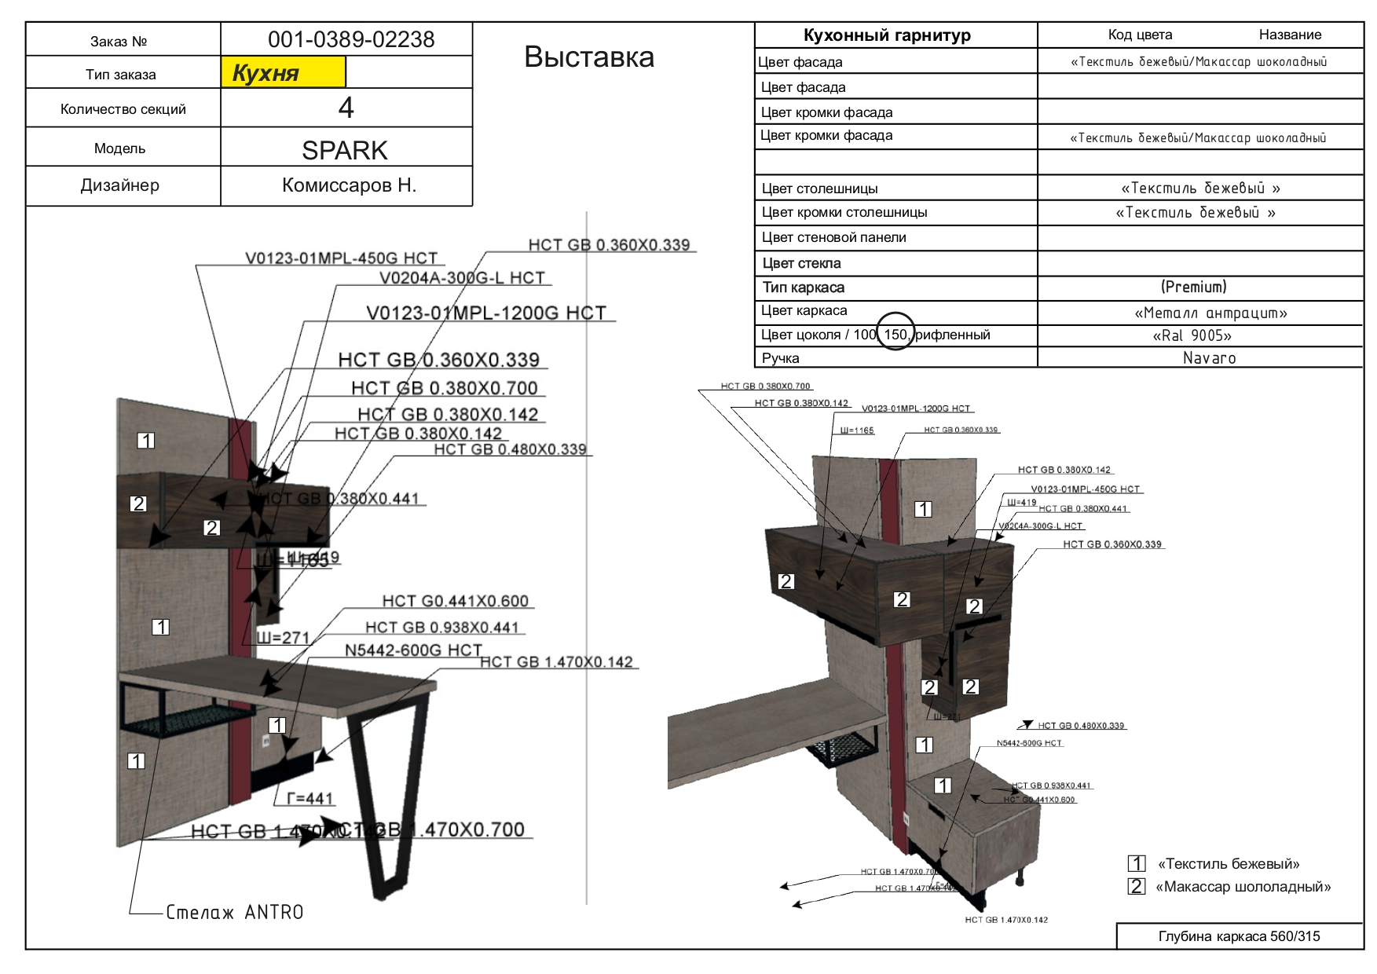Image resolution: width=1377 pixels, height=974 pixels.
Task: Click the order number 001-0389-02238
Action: (x=350, y=39)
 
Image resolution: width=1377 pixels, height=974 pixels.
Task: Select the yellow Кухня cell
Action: (x=283, y=73)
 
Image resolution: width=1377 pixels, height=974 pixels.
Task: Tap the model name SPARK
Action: (x=345, y=150)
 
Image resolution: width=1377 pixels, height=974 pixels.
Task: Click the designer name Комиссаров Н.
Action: (x=349, y=185)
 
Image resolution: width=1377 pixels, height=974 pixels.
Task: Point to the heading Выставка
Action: (x=588, y=57)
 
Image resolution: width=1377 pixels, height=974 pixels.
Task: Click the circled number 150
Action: (x=895, y=335)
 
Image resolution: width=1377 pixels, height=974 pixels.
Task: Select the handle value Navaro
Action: (x=1209, y=358)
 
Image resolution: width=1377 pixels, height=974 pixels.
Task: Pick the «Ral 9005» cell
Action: (x=1192, y=335)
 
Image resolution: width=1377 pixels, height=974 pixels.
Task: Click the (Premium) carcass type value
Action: (x=1193, y=287)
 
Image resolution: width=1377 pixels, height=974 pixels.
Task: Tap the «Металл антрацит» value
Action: (x=1210, y=313)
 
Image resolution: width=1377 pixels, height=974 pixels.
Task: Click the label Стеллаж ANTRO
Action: (x=234, y=913)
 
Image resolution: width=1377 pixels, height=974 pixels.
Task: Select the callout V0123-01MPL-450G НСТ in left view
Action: (x=341, y=258)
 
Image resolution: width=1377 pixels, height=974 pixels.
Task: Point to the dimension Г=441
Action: (x=309, y=799)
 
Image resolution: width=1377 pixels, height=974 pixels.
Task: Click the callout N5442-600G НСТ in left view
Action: (x=413, y=650)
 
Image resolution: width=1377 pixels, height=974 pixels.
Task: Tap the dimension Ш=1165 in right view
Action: (x=856, y=430)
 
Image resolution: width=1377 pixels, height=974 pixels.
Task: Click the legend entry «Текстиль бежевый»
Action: (x=1228, y=864)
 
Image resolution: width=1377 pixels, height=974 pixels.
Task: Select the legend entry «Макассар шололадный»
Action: (x=1243, y=887)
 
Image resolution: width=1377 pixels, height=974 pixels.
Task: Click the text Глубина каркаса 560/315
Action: (x=1239, y=936)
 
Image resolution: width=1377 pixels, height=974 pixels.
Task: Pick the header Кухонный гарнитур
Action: (x=887, y=35)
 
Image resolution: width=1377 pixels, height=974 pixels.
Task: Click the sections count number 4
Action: (x=346, y=108)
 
